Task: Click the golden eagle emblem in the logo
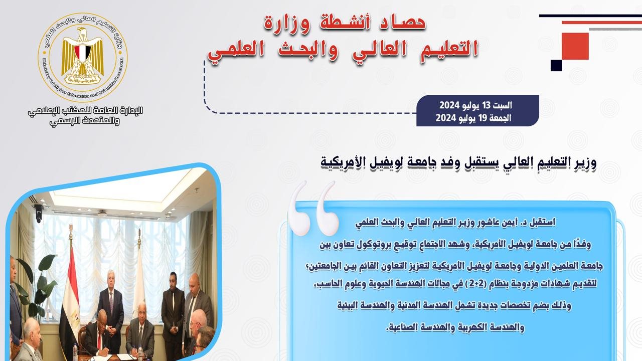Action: pos(83,56)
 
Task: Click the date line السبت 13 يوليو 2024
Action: pos(476,105)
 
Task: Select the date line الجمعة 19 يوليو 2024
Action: pos(473,118)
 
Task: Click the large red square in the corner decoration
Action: pos(575,46)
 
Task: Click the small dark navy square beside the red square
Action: pos(556,65)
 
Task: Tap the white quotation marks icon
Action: pos(313,208)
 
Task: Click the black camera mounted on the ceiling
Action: pos(38,213)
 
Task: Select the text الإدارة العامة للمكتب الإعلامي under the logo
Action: pos(85,111)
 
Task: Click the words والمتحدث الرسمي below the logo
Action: pos(85,121)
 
